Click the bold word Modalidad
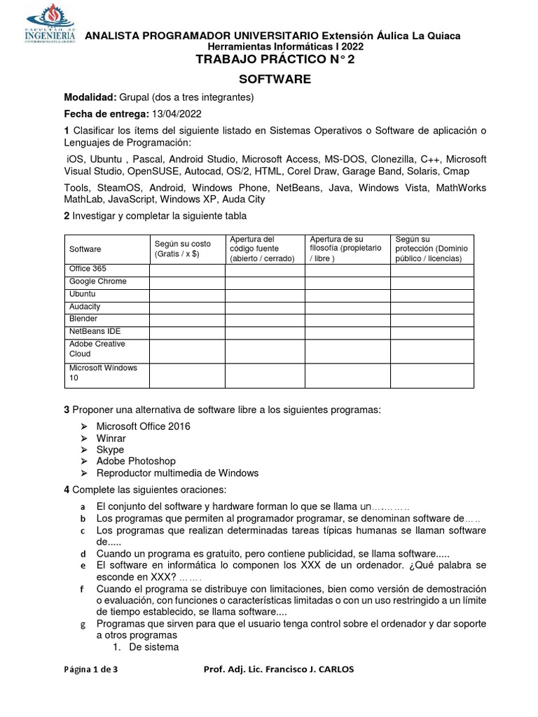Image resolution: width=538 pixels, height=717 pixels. coord(89,97)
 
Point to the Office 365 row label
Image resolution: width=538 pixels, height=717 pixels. coord(88,269)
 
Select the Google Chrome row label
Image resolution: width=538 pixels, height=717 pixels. coord(97,281)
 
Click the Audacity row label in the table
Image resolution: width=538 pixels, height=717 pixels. coord(85,307)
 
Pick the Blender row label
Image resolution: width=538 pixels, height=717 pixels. coord(83,319)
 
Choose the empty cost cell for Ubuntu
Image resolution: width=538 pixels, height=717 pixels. coord(186,294)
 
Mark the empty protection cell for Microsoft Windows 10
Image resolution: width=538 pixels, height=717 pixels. coord(432,375)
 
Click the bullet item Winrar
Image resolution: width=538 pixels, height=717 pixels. coord(111,438)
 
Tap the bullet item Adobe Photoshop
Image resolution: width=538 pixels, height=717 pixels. coord(136,461)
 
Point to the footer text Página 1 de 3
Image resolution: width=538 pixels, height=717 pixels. coord(90,669)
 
